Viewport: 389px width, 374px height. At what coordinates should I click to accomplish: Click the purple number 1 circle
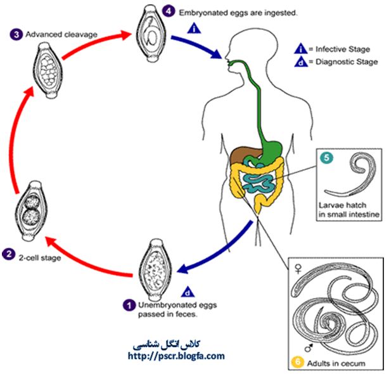(x=129, y=304)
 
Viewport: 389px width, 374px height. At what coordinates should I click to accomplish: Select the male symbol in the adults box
(x=310, y=347)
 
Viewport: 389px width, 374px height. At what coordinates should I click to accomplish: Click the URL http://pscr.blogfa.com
(x=176, y=356)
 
